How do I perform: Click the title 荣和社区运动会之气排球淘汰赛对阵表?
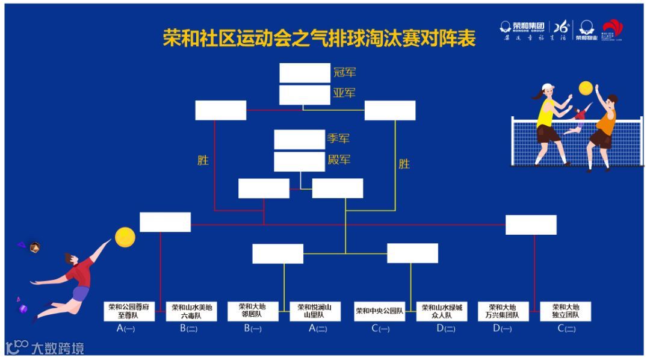coord(319,38)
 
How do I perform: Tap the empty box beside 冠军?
coord(305,73)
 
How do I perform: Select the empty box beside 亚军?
coord(305,95)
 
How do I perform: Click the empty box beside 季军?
coord(299,139)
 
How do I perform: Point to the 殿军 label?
coord(339,160)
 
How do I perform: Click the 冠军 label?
coord(344,73)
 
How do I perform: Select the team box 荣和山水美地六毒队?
coord(191,311)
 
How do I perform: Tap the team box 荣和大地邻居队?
coord(253,311)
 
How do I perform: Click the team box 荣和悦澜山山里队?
coord(315,311)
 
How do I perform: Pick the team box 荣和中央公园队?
coord(379,311)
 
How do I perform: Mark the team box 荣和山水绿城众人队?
coord(442,311)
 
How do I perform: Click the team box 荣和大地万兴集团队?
coord(503,311)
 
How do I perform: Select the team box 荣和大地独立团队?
coord(565,311)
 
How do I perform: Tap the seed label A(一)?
coord(126,329)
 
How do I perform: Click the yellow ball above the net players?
coord(586,88)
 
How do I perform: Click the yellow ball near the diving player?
coord(125,237)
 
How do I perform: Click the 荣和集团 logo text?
coord(528,26)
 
